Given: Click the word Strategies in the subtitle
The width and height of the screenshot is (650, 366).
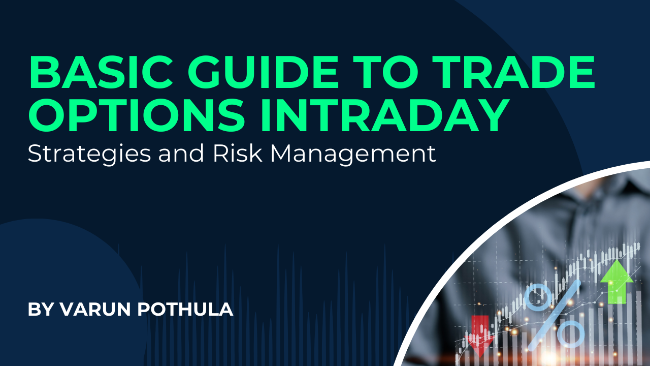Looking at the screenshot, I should coord(89,152).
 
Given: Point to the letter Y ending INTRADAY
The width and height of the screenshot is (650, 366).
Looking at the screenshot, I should coord(492,115).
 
